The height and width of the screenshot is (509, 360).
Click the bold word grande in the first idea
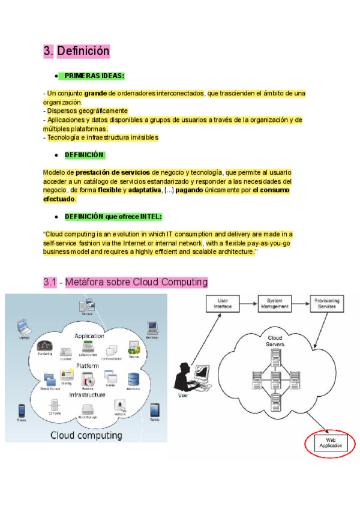95,94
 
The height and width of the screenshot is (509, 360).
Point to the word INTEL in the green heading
151,216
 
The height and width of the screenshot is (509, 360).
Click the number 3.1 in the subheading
50,282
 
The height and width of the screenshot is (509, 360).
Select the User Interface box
223,303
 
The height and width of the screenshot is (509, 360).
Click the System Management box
275,303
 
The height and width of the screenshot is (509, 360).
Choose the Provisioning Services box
327,303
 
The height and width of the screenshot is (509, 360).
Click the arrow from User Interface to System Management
249,303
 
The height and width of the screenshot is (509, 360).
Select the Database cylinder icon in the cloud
133,379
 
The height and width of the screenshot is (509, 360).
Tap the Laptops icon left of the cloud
24,329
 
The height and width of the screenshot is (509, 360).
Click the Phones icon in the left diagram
21,411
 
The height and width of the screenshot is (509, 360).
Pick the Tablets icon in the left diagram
154,410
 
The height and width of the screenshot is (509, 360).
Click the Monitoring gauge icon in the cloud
44,348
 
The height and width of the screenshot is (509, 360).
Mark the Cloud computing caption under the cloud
86,435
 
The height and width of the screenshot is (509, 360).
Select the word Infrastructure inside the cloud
88,394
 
